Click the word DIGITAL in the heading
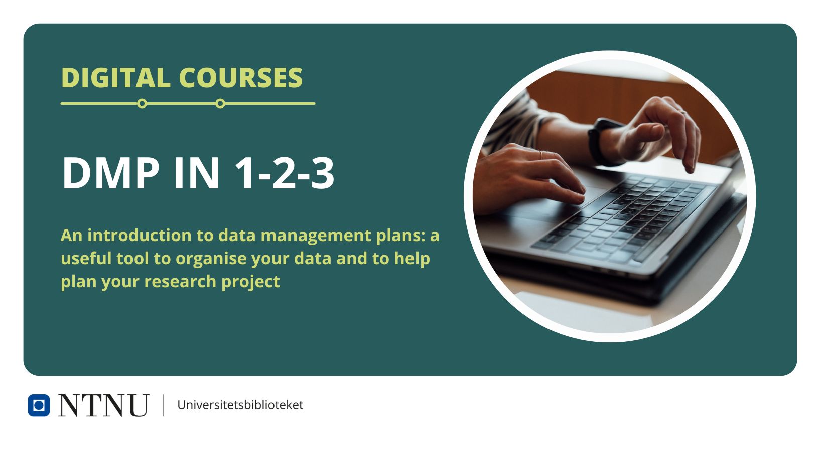[116, 78]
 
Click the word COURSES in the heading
[241, 78]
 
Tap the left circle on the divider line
[142, 103]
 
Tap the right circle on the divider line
[220, 103]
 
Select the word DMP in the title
[110, 173]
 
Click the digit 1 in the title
[245, 173]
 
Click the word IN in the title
[197, 173]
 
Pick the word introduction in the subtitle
[140, 235]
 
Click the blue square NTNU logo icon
[39, 405]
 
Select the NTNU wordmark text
[103, 405]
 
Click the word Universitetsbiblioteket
[240, 405]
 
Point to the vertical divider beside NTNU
[163, 405]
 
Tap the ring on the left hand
[541, 155]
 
